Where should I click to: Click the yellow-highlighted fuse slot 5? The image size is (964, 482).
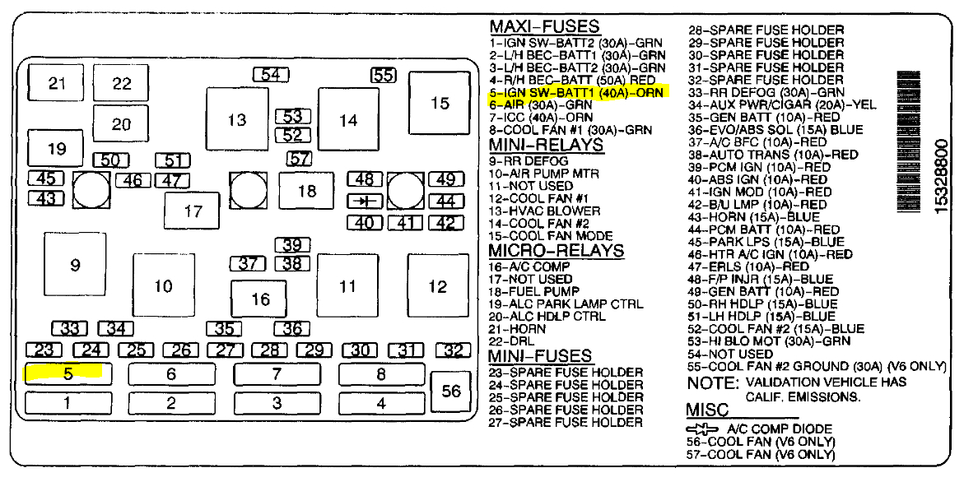click(68, 373)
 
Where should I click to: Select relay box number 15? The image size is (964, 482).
click(440, 103)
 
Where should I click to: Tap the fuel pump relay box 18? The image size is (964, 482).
click(306, 191)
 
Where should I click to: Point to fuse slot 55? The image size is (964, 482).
click(383, 75)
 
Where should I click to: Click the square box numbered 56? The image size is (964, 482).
click(451, 392)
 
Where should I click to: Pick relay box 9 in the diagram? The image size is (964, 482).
click(75, 264)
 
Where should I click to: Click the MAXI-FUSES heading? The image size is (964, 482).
click(544, 26)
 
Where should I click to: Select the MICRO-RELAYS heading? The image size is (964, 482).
click(557, 250)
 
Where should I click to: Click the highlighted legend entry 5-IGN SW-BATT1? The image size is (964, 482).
click(576, 92)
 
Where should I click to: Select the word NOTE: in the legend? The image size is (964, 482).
click(712, 382)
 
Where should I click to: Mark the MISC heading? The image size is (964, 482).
click(708, 410)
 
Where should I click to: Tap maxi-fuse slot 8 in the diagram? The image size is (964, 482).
click(380, 374)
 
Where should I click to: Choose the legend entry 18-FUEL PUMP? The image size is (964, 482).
click(534, 291)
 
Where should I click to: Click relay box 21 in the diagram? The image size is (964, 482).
click(56, 82)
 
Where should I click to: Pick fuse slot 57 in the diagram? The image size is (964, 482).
click(300, 159)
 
